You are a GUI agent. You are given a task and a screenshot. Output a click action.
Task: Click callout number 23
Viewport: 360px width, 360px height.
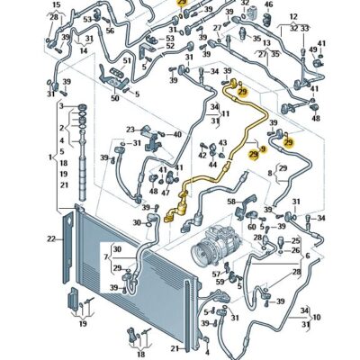130,130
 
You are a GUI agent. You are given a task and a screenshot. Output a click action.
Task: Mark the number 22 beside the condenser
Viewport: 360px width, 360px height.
51,238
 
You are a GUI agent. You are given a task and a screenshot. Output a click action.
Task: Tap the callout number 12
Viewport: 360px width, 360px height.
293,17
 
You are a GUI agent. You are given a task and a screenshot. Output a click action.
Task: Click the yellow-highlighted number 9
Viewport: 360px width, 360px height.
262,149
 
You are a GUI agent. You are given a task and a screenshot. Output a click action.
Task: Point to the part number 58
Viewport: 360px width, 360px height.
231,202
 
